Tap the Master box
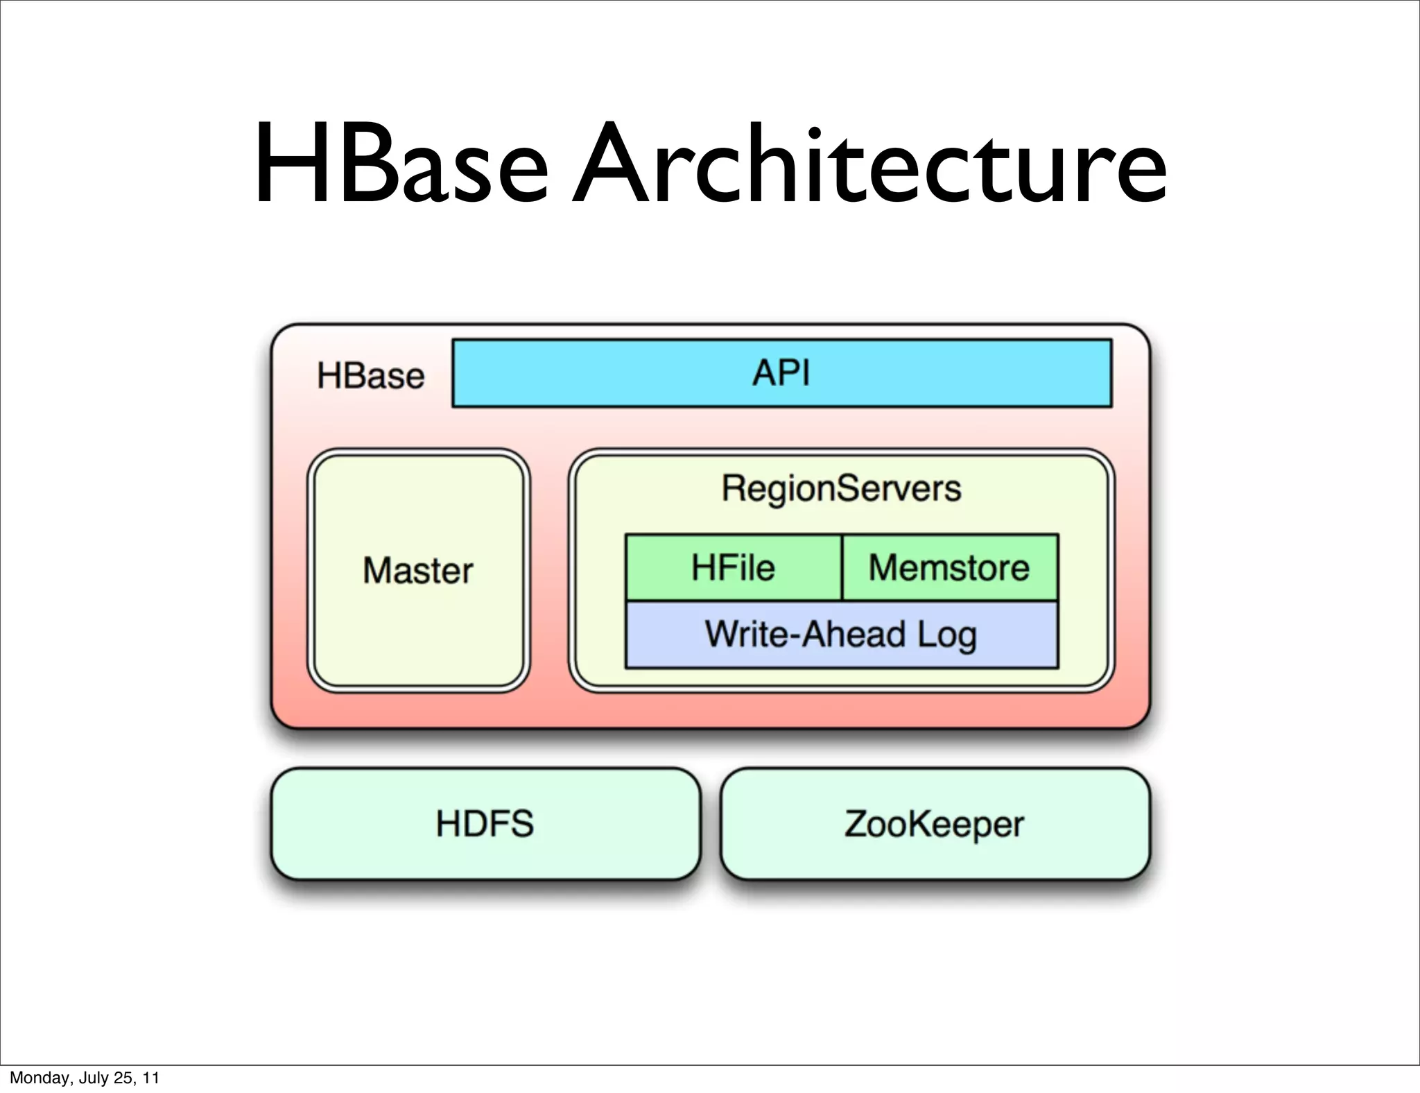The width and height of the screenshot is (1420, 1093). coord(418,624)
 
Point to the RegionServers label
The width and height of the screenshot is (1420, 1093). coord(841,488)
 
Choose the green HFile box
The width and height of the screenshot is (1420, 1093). coord(733,567)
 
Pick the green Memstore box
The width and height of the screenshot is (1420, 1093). coord(950,567)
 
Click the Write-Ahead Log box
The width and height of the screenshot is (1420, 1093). coord(841,635)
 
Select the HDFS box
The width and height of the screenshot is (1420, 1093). coord(485,824)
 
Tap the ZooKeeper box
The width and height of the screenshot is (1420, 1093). coord(935,824)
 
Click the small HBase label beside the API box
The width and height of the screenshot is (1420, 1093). coord(370,376)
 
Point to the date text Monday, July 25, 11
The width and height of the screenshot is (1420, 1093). coord(85,1078)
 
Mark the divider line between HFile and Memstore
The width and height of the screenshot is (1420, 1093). coord(842,567)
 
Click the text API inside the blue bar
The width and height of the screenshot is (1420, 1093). coord(781,372)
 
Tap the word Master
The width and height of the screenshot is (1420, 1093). coord(418,571)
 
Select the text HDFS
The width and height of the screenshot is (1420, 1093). coord(485,824)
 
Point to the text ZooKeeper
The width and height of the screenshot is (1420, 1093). coord(935,824)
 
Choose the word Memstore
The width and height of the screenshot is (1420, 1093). coord(949,567)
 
